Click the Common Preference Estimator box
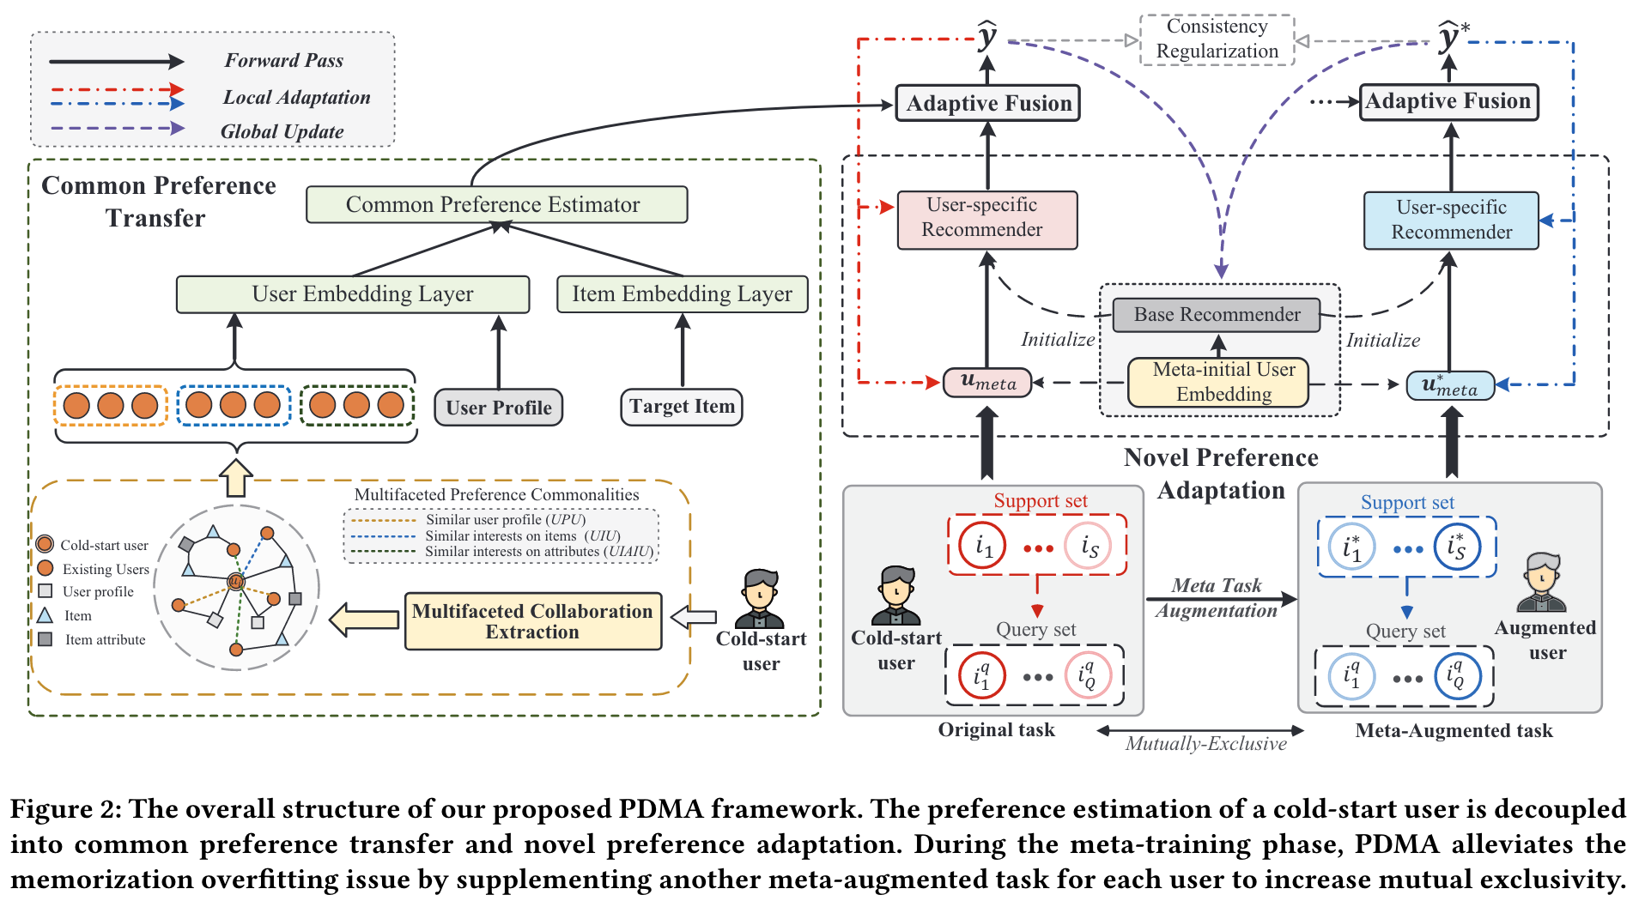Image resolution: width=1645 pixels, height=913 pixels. (496, 204)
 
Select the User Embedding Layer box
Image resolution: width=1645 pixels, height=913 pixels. (352, 294)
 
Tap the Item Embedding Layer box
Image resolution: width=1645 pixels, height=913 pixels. (682, 294)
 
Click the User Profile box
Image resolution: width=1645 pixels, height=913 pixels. (499, 408)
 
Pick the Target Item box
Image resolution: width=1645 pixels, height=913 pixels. (682, 407)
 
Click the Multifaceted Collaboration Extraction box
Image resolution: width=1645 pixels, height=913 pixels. (532, 621)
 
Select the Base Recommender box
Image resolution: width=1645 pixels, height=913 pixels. (1217, 315)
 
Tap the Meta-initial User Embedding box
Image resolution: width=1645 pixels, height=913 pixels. (1218, 382)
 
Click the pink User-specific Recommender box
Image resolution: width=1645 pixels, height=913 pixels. (986, 220)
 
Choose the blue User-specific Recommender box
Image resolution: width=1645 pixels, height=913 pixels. (1451, 221)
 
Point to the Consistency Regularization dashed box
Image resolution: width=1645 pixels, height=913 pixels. (1217, 39)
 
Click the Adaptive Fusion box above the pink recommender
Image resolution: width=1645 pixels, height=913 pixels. (987, 103)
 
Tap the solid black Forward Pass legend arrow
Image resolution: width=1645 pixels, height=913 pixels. (116, 62)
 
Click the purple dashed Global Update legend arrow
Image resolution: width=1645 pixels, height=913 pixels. (116, 129)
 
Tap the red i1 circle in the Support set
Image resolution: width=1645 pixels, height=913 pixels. (983, 546)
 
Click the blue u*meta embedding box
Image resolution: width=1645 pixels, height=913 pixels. (1450, 386)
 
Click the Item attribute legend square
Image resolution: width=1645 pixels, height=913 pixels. (46, 639)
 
